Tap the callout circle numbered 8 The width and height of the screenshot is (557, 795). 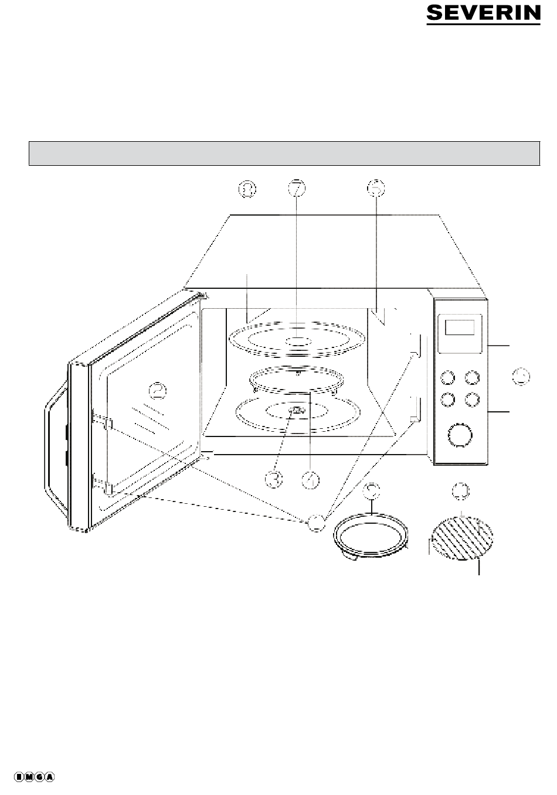248,188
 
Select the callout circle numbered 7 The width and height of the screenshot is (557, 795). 297,188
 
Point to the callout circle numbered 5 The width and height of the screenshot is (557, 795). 376,188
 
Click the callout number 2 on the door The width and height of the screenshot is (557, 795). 156,389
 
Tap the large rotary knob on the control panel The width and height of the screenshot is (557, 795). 459,434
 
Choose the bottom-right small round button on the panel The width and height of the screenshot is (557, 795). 471,399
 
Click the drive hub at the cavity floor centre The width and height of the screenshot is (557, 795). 297,411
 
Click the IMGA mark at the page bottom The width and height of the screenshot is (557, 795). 35,777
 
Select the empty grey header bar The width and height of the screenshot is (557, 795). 284,153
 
